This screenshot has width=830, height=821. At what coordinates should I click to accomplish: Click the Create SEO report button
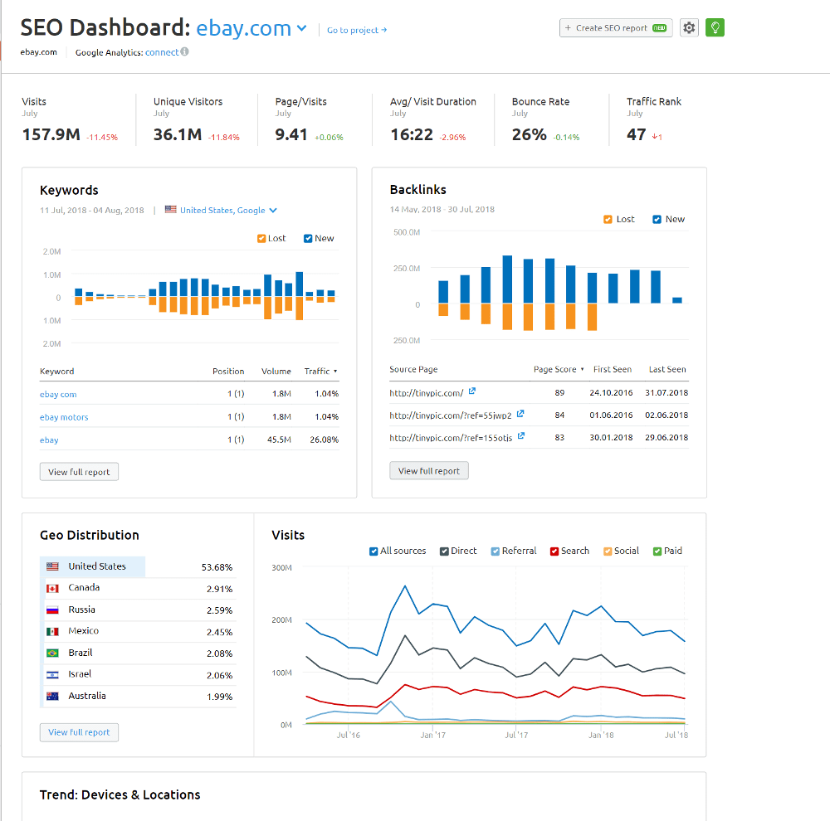point(616,28)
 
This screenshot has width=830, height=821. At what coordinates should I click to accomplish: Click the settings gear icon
point(689,28)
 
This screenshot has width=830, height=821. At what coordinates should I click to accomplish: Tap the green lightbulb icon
point(715,28)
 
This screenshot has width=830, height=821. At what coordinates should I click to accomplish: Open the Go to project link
point(357,31)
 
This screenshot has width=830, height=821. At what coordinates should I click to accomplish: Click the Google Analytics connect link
point(162,52)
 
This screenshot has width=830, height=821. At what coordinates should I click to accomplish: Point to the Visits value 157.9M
point(51,134)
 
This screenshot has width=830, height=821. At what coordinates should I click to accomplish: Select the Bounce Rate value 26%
point(530,134)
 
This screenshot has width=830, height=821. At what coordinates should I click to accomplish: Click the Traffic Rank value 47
point(637,134)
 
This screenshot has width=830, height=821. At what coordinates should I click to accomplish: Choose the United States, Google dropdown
point(228,211)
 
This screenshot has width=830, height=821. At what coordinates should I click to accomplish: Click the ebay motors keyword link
point(64,417)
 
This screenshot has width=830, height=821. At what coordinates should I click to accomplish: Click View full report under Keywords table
point(79,472)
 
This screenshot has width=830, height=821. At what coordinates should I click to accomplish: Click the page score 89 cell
point(559,392)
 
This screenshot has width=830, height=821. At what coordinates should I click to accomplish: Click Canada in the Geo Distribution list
point(84,588)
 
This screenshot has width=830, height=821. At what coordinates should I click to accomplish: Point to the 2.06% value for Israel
point(219,675)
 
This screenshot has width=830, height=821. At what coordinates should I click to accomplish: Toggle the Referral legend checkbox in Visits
point(496,551)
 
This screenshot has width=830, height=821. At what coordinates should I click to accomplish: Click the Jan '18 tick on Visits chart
point(601,735)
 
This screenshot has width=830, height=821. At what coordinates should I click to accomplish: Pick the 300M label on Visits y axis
point(282,568)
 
